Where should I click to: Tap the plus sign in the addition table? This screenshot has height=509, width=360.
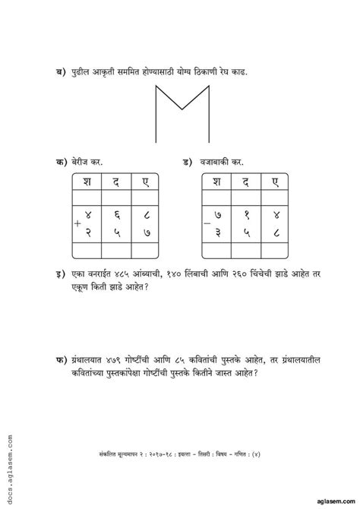click(77, 225)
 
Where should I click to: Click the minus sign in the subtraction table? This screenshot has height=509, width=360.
click(206, 225)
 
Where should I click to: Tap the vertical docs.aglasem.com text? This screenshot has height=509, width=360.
click(11, 455)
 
